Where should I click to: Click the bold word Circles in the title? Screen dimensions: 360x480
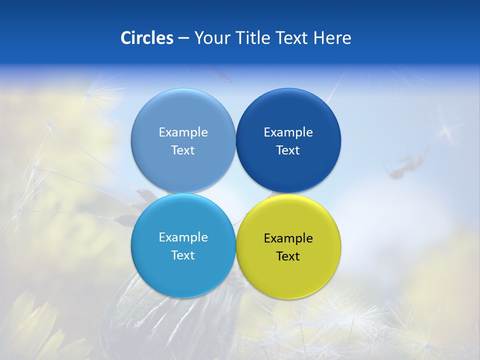pyautogui.click(x=146, y=38)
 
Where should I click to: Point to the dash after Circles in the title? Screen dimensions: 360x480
pyautogui.click(x=183, y=38)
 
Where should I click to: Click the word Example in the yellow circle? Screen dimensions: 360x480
pyautogui.click(x=288, y=238)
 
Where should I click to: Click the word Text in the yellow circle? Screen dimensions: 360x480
pyautogui.click(x=288, y=256)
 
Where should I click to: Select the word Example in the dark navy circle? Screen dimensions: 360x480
pyautogui.click(x=288, y=132)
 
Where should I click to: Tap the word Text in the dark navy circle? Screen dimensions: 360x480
pyautogui.click(x=288, y=150)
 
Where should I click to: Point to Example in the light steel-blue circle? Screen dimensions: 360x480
pyautogui.click(x=183, y=132)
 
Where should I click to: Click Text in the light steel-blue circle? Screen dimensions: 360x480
pyautogui.click(x=183, y=150)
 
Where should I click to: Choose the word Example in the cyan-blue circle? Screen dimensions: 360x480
pyautogui.click(x=183, y=237)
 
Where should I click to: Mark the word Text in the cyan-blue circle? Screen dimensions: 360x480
pyautogui.click(x=183, y=255)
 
